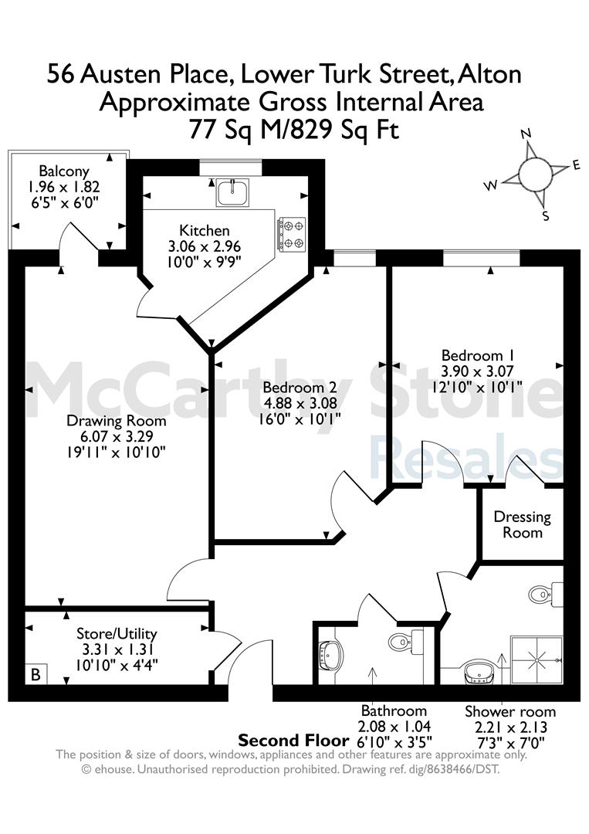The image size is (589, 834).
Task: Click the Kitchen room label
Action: [x=205, y=230]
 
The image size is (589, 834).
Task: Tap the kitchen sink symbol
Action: [x=232, y=192]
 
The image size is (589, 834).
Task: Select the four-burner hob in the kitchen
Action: [x=291, y=235]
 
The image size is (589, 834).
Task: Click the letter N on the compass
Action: [x=526, y=134]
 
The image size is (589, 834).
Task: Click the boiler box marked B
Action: [x=36, y=674]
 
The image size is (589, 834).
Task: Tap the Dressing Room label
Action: [x=522, y=524]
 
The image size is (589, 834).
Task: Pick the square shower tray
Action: [x=536, y=659]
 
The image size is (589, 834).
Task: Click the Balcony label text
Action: [x=64, y=171]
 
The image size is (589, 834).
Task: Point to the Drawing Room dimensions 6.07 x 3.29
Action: [x=117, y=436]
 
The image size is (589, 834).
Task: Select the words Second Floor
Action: [x=293, y=741]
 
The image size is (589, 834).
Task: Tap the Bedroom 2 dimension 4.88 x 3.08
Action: [x=300, y=403]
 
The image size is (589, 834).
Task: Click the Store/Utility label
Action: [x=117, y=633]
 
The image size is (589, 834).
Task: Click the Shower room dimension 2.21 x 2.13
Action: [x=509, y=727]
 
